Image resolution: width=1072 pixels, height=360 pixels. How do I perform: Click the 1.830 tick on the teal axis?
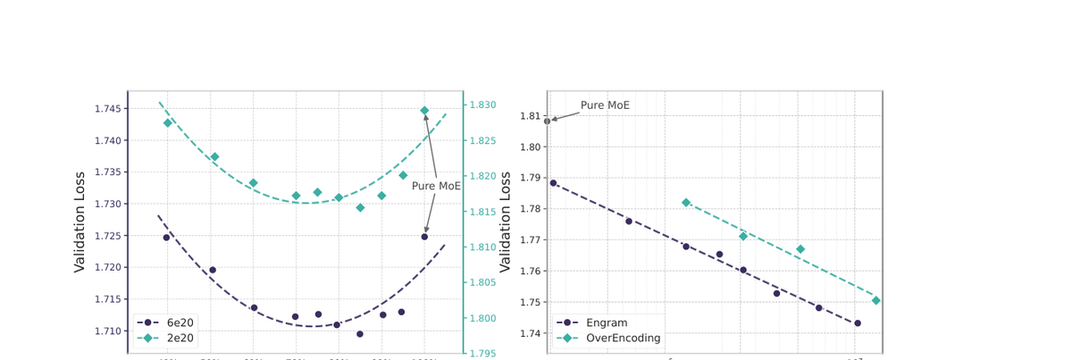[x=484, y=105]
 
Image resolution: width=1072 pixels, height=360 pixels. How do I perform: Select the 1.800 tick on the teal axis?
[x=484, y=319]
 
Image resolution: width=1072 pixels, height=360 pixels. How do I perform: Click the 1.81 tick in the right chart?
[x=530, y=116]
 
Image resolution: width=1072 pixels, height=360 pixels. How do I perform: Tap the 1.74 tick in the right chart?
[x=530, y=334]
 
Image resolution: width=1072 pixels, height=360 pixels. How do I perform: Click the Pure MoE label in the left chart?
[x=436, y=187]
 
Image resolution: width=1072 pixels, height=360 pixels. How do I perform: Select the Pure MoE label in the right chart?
[x=605, y=105]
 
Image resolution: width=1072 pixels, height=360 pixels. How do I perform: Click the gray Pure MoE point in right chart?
[x=548, y=121]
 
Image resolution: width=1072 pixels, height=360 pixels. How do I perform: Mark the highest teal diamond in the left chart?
[x=424, y=111]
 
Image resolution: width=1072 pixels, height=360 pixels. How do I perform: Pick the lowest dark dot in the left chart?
[x=360, y=334]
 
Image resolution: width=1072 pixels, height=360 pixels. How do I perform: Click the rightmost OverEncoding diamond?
[x=876, y=300]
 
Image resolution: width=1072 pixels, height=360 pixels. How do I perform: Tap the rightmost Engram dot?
[x=858, y=323]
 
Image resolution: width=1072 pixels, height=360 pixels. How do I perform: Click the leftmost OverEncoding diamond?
[x=686, y=203]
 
